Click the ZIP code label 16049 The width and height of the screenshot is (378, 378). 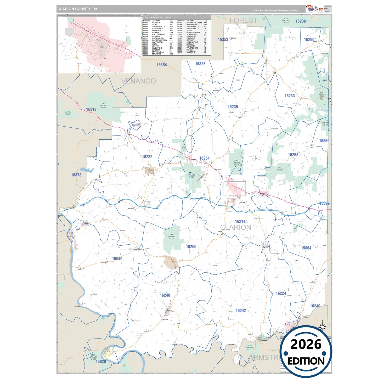[x=117, y=259]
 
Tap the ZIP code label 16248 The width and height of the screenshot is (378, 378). [x=165, y=295]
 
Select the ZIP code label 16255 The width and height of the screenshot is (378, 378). [x=191, y=247]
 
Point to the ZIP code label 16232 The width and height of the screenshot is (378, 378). [x=147, y=157]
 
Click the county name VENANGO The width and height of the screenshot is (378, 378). [x=138, y=81]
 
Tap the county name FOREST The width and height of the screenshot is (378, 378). [x=243, y=20]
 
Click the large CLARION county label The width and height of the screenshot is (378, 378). [x=235, y=227]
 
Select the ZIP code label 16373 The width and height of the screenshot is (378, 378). [x=76, y=175]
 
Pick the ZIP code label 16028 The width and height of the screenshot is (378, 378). [x=101, y=361]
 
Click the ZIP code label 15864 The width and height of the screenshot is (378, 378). [x=306, y=248]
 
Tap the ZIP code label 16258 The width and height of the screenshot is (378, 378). [x=293, y=155]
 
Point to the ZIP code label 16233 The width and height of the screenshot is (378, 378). [x=289, y=96]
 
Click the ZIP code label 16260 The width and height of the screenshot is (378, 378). [x=309, y=40]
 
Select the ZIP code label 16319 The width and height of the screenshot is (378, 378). [x=91, y=109]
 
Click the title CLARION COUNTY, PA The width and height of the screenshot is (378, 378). [x=77, y=9]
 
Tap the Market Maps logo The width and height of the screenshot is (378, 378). [x=315, y=8]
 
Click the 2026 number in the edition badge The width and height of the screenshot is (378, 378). [x=306, y=344]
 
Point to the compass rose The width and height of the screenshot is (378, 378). [x=322, y=326]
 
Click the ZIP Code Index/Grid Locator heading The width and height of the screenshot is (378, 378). [x=157, y=18]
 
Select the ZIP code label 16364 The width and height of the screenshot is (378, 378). [x=161, y=65]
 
